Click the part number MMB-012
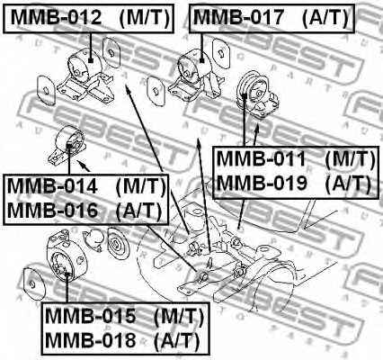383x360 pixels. (46, 17)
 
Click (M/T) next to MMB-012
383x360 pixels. (137, 17)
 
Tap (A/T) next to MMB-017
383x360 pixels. (324, 17)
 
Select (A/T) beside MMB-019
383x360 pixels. (346, 184)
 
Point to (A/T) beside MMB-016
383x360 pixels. (140, 211)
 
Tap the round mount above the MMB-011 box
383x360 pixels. (254, 94)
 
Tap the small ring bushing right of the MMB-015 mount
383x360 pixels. (114, 244)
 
